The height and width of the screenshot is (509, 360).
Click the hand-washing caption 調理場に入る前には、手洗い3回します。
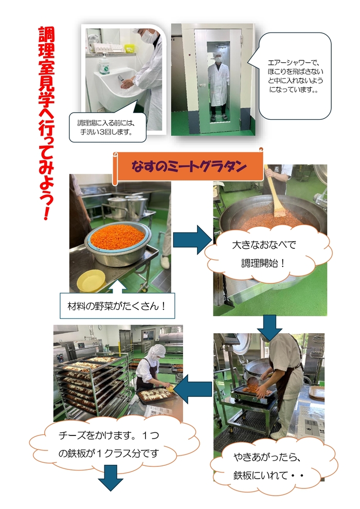pos(107,128)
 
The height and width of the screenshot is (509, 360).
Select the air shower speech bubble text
pos(295,76)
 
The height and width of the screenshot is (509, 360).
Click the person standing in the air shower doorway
pos(218,86)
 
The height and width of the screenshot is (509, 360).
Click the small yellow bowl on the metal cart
pos(91,281)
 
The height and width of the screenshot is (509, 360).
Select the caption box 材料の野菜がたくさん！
pos(117,306)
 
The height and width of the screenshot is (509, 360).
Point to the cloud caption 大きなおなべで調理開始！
pos(264,254)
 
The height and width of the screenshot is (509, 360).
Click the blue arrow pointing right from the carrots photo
pos(192,240)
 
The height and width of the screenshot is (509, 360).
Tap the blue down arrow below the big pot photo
pos(269,328)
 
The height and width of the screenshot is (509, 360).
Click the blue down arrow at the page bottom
pos(111,478)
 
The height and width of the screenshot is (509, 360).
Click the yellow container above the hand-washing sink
pos(130,48)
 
